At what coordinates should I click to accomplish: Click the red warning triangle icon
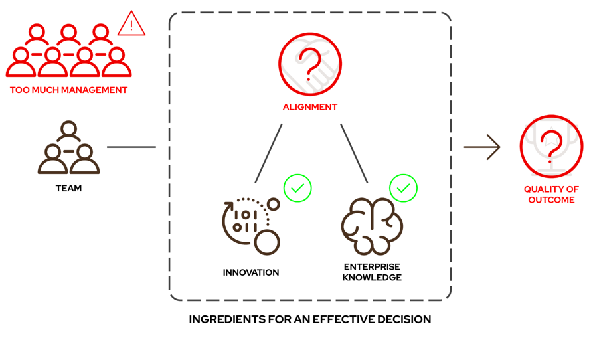pos(131,25)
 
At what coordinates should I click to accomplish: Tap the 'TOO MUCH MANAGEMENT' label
pos(68,90)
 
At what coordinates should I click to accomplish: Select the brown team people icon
pos(68,148)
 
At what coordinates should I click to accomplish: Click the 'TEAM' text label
pos(68,189)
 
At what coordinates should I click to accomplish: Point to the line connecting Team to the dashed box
pos(131,147)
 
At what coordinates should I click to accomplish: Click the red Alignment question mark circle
pos(309,64)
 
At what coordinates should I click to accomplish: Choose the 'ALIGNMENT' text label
pos(309,107)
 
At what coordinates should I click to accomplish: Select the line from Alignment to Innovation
pos(268,153)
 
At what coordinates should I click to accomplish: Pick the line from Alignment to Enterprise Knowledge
pos(354,153)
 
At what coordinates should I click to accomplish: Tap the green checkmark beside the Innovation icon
pos(297,189)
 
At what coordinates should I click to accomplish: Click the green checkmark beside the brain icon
pos(403,189)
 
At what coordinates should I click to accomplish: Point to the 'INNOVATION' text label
pos(251,272)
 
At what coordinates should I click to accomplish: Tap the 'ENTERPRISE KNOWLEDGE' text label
pos(372,272)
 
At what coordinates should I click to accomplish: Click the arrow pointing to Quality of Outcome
pos(482,147)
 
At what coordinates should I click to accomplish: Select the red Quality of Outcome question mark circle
pos(551,146)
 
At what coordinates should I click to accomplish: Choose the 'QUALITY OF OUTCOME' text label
pos(551,195)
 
